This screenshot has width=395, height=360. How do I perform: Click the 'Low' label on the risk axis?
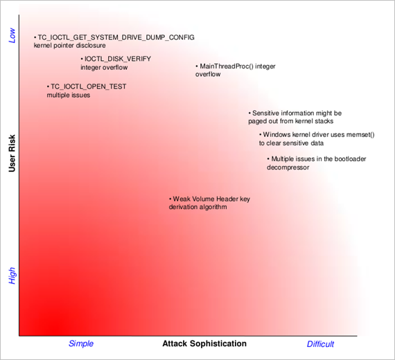tap(12, 35)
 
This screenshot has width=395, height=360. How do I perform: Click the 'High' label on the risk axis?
tap(12, 276)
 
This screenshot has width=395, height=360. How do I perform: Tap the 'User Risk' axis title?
tap(12, 153)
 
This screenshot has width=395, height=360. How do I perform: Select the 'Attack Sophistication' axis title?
tap(204, 343)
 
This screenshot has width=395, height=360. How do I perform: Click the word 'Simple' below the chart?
tap(81, 343)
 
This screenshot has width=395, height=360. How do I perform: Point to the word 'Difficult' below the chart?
tap(320, 344)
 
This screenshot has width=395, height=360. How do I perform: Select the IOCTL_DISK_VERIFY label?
tap(118, 59)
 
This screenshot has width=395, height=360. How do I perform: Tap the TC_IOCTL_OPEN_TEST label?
tap(89, 87)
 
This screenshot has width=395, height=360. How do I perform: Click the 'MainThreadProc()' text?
tap(227, 66)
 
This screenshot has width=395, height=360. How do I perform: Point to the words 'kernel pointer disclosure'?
tap(70, 46)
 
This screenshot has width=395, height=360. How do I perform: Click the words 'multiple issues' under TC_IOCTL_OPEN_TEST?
tap(69, 95)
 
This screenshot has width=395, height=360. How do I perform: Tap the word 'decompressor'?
tap(288, 168)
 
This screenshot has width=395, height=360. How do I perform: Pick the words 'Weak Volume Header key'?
tap(211, 199)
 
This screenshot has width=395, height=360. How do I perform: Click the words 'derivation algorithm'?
tap(197, 207)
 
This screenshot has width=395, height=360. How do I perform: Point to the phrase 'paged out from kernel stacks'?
tap(291, 121)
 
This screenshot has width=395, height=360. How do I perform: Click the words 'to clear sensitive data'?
tap(291, 143)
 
